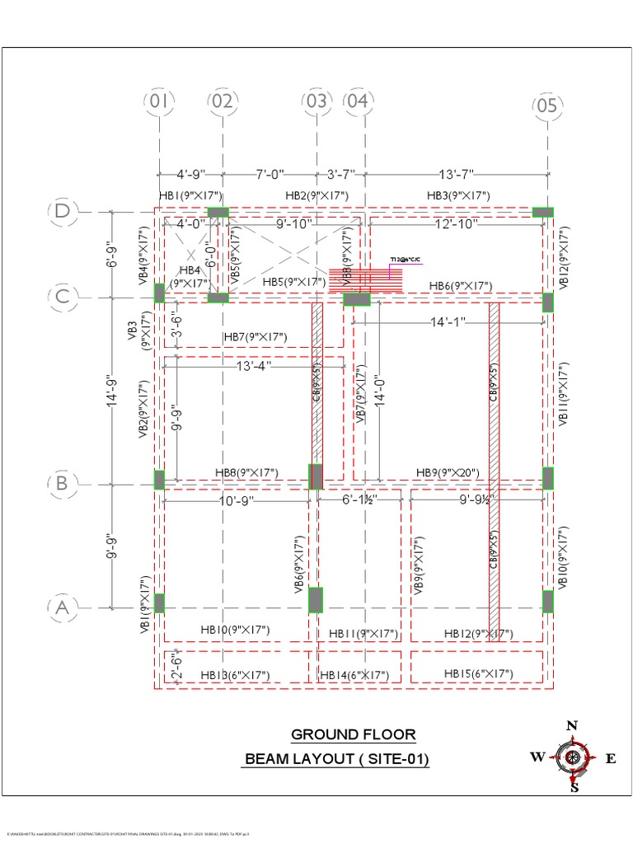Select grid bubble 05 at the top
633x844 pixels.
pyautogui.click(x=546, y=105)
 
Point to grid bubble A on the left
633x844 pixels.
pyautogui.click(x=63, y=608)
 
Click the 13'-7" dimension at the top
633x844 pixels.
pyautogui.click(x=458, y=174)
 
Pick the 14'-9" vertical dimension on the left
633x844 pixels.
pyautogui.click(x=113, y=390)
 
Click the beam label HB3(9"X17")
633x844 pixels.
pyautogui.click(x=458, y=195)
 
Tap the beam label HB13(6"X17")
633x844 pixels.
pyautogui.click(x=235, y=675)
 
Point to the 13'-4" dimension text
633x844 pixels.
pyautogui.click(x=254, y=365)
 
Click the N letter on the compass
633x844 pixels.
pyautogui.click(x=571, y=725)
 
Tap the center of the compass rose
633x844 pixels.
pyautogui.click(x=572, y=757)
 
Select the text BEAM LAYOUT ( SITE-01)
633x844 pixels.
pyautogui.click(x=336, y=759)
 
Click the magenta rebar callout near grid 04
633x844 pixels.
pyautogui.click(x=406, y=260)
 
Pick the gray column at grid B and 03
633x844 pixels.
pyautogui.click(x=316, y=476)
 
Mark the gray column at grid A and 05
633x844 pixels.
pyautogui.click(x=547, y=602)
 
